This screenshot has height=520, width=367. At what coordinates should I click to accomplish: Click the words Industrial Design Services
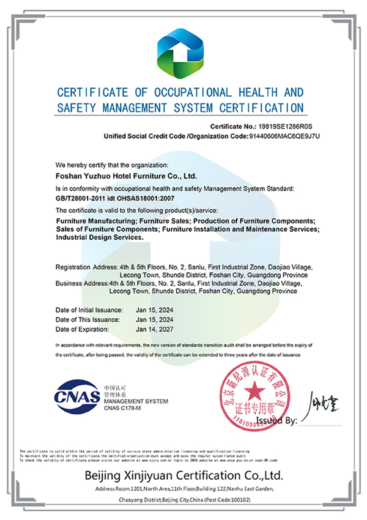[x=100, y=237]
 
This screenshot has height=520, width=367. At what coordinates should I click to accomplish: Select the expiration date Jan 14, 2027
[x=155, y=329]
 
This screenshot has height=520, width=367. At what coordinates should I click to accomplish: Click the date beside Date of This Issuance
[x=155, y=320]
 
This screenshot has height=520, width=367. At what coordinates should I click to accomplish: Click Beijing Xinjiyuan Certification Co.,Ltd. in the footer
[x=183, y=475]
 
